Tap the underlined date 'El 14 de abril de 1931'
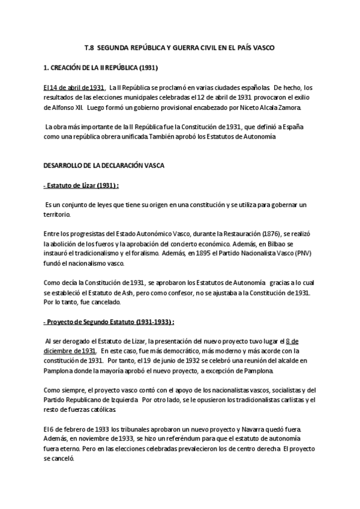click(66, 88)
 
